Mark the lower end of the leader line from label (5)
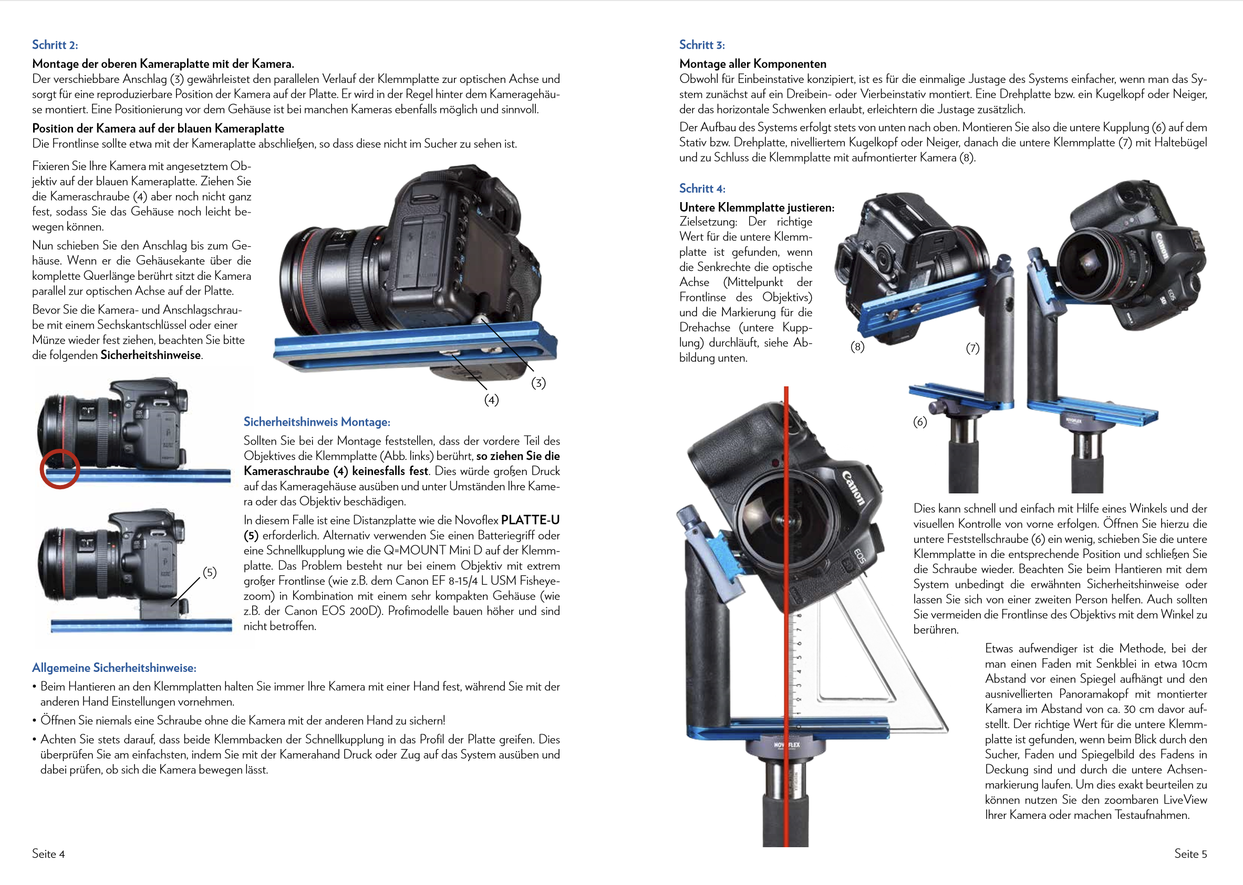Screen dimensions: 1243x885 [x=171, y=605]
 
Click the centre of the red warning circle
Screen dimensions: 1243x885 [x=60, y=469]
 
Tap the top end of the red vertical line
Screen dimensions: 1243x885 [x=786, y=387]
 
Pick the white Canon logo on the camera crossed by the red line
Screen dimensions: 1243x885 [x=854, y=488]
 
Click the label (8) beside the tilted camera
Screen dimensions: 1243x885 [x=857, y=346]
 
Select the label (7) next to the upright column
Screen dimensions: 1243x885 [x=972, y=348]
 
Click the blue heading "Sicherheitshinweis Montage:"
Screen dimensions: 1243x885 [x=317, y=422]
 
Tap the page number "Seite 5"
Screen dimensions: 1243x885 [x=1190, y=854]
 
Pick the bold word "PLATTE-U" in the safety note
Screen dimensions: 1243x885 [x=530, y=520]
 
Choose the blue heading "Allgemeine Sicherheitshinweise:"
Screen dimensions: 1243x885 [x=114, y=668]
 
